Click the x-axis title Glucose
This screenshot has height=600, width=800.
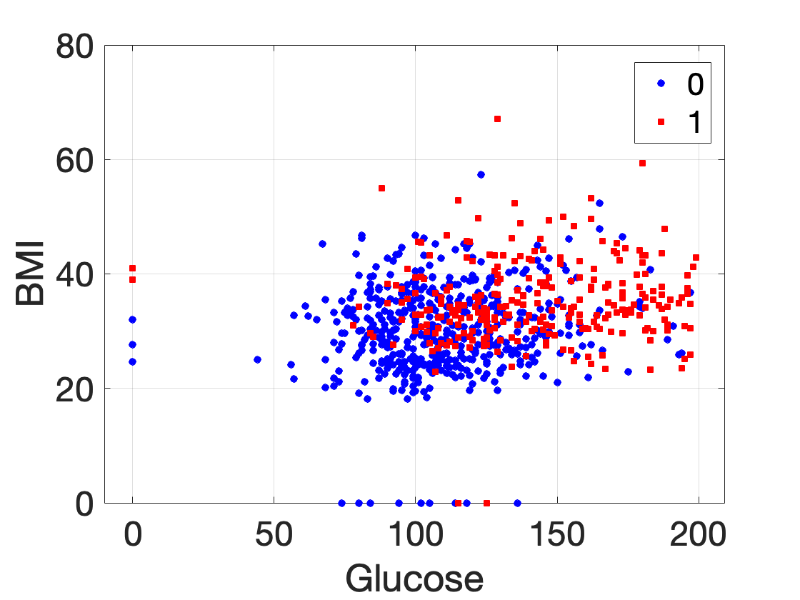pos(414,577)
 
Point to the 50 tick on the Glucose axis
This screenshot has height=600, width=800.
pos(274,532)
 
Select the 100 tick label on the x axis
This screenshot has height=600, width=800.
pos(415,532)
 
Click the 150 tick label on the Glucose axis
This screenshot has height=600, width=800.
pos(556,532)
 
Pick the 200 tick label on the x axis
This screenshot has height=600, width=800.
pos(698,532)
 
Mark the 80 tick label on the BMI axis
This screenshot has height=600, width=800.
pos(74,46)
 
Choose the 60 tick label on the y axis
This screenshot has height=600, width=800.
pos(74,160)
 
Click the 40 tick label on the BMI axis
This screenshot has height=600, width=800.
pos(74,274)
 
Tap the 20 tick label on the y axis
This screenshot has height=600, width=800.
pos(74,389)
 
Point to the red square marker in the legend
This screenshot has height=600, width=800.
pos(661,123)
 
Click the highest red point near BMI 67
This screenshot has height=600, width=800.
pos(497,119)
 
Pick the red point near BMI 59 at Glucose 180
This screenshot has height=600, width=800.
pos(642,163)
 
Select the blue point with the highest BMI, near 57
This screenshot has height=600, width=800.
pos(481,174)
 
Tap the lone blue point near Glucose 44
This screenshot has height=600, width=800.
pos(257,359)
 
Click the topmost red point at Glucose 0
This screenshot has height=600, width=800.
pos(133,268)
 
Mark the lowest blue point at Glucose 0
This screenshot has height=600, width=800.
pos(133,361)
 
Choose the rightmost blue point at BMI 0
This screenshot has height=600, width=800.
pos(517,503)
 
